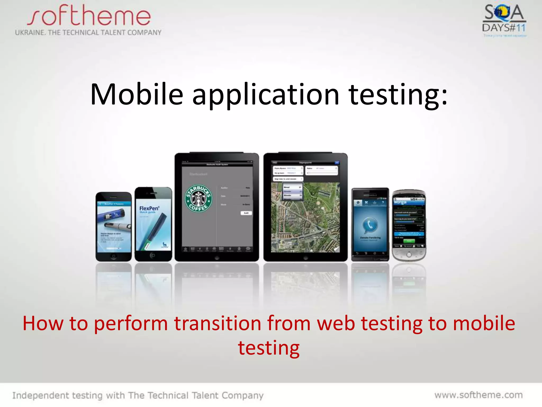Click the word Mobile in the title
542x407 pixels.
[137, 95]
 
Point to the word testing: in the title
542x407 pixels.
[398, 95]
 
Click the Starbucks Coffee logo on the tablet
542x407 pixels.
[198, 198]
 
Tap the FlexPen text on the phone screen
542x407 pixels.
[149, 209]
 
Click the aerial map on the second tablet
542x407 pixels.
[305, 220]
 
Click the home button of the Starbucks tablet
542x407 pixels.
[216, 258]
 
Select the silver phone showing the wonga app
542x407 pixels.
[409, 225]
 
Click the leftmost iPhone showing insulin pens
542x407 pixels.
[114, 227]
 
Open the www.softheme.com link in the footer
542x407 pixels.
[478, 395]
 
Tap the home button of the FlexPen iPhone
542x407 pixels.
[152, 255]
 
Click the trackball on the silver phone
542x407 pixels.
[409, 255]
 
